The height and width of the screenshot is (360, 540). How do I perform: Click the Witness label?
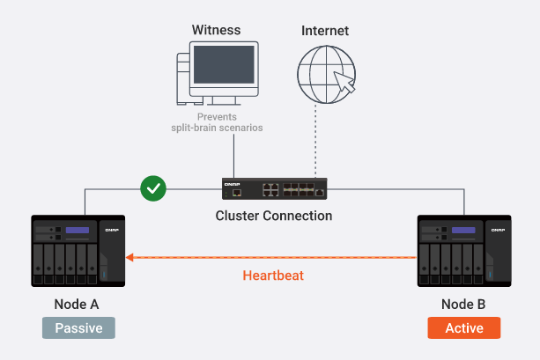pyautogui.click(x=217, y=30)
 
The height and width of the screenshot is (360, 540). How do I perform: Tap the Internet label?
pyautogui.click(x=325, y=31)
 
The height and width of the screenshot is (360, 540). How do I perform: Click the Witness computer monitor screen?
pyautogui.click(x=224, y=65)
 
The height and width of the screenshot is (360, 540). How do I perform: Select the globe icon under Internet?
pyautogui.click(x=326, y=74)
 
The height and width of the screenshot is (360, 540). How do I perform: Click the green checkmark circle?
pyautogui.click(x=153, y=188)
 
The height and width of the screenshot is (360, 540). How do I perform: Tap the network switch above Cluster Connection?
pyautogui.click(x=275, y=188)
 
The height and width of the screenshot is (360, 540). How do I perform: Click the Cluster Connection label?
pyautogui.click(x=274, y=216)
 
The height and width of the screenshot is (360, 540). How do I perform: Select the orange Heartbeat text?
pyautogui.click(x=273, y=276)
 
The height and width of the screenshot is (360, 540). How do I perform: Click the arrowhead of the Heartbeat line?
pyautogui.click(x=129, y=257)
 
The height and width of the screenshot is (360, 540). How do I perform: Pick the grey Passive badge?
pyautogui.click(x=79, y=328)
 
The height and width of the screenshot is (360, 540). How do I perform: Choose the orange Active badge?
pyautogui.click(x=464, y=328)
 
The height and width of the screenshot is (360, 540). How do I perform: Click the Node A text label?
pyautogui.click(x=77, y=305)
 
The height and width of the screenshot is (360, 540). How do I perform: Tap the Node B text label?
pyautogui.click(x=463, y=305)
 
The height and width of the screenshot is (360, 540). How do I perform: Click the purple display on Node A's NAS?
pyautogui.click(x=78, y=230)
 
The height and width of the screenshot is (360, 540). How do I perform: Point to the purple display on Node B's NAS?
pyautogui.click(x=463, y=230)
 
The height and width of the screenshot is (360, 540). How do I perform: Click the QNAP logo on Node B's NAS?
pyautogui.click(x=498, y=230)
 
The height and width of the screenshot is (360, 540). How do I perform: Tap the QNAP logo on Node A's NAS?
pyautogui.click(x=112, y=230)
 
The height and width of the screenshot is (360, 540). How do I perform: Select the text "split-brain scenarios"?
pyautogui.click(x=217, y=128)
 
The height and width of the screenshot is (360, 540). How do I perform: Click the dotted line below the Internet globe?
pyautogui.click(x=315, y=141)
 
